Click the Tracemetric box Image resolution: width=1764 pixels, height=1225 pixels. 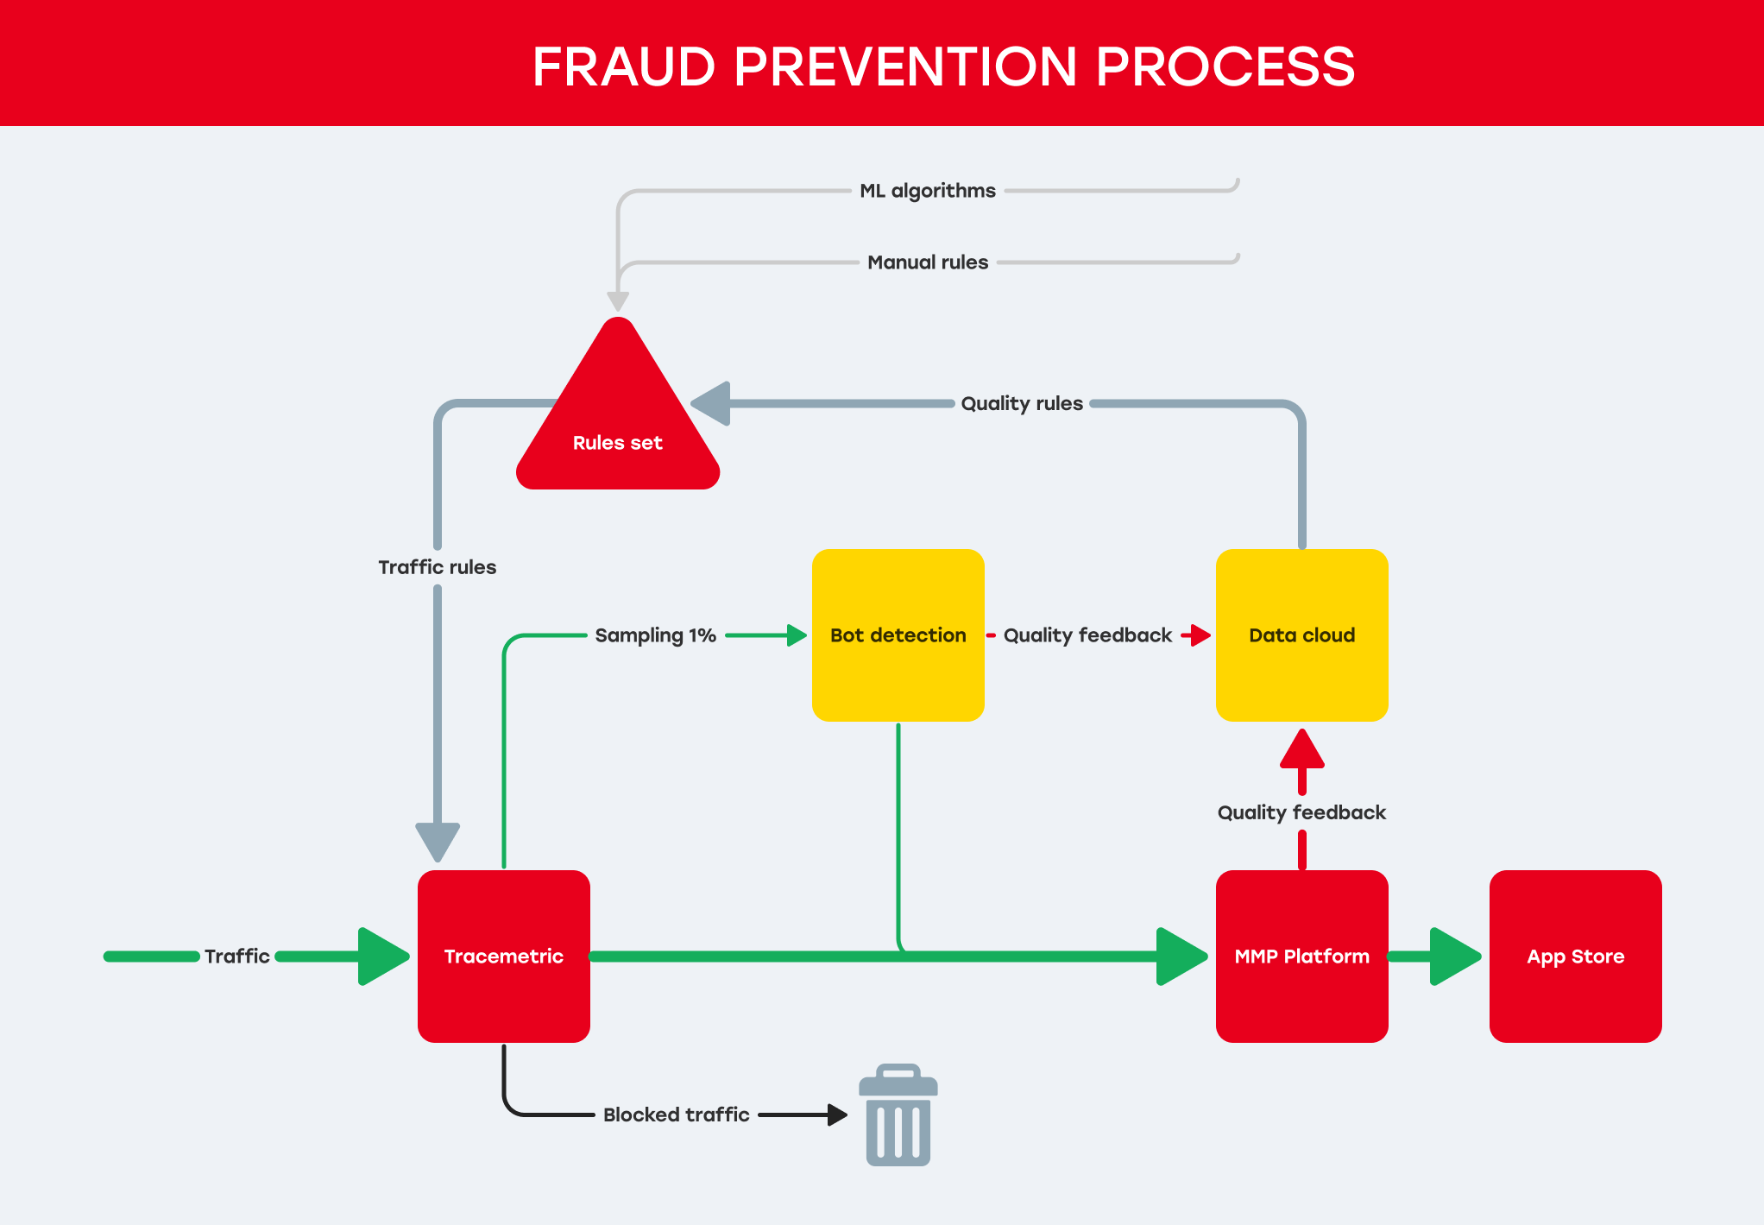(x=504, y=956)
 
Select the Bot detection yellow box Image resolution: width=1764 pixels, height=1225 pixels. (x=898, y=635)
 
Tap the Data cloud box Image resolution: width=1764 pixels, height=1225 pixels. (x=1302, y=635)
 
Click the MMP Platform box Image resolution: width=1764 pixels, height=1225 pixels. (x=1302, y=956)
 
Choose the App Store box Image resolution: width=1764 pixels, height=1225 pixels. (x=1576, y=956)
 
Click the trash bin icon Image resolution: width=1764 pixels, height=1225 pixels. (x=898, y=1114)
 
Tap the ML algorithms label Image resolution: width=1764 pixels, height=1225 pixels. (x=928, y=191)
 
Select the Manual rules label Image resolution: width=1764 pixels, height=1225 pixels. (x=928, y=262)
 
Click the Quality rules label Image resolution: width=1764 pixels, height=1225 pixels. (x=1022, y=403)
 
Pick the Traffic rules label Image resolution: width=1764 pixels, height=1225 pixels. (x=438, y=567)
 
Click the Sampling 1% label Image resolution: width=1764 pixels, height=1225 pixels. (x=656, y=635)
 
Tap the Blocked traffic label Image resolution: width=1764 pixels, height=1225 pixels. (x=677, y=1114)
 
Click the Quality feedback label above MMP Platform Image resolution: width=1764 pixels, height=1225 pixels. (x=1301, y=812)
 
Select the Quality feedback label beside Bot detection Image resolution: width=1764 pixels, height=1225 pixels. (x=1087, y=635)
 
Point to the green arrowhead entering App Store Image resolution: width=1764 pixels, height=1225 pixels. (x=1456, y=956)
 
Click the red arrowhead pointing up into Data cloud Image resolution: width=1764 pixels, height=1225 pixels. (x=1302, y=748)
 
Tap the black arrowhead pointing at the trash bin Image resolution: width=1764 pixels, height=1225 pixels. (x=837, y=1114)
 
